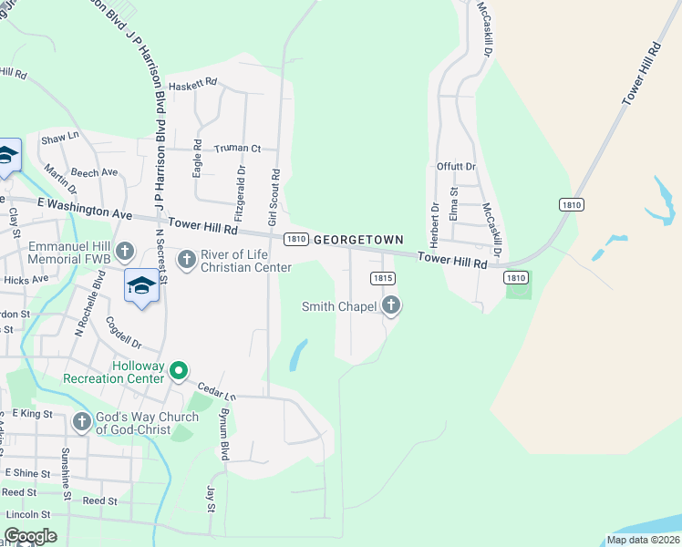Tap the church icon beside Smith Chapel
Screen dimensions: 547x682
pos(391,305)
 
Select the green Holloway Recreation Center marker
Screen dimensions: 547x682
pos(179,370)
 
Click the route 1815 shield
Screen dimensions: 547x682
pos(382,277)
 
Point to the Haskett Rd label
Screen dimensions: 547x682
pos(193,82)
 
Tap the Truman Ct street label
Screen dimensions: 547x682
pos(237,149)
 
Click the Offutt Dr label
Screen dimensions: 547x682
pos(456,167)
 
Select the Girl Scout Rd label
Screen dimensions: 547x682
pos(273,197)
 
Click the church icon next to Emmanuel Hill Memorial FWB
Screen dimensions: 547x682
pos(125,251)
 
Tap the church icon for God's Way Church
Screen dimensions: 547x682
pos(82,421)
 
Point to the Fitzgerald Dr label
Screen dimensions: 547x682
pos(240,194)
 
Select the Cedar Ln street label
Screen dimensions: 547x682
pos(217,390)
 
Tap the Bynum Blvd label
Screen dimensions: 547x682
pos(223,434)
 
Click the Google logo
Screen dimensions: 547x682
pos(29,536)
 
